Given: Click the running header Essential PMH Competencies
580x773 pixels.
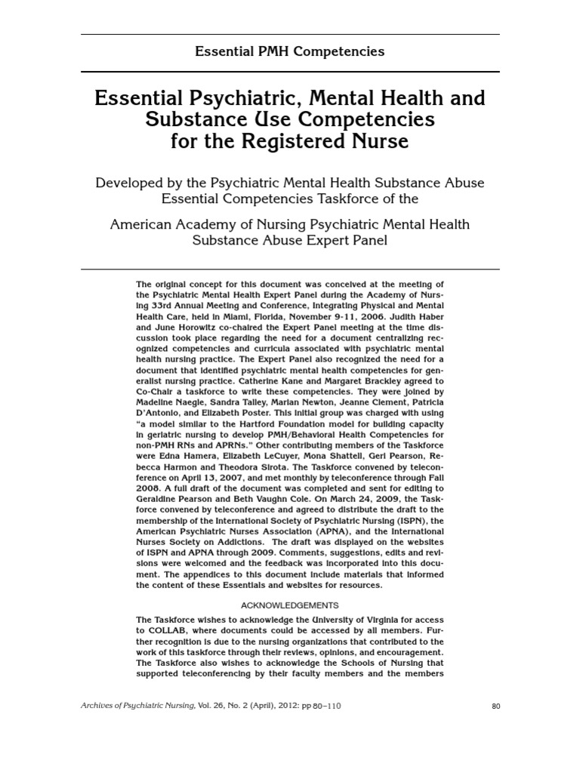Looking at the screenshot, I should click(x=290, y=52).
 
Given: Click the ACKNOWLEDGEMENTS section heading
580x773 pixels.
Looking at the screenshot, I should click(x=289, y=605).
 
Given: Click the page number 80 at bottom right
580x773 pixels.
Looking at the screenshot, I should click(x=495, y=707).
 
